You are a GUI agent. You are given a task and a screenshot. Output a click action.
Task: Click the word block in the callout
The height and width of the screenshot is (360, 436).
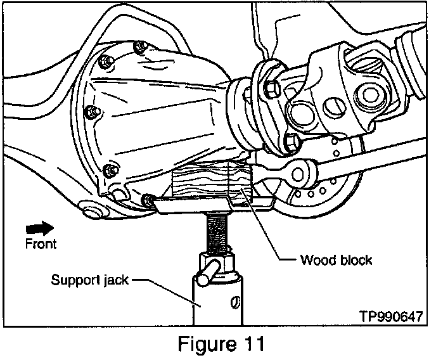[356, 260]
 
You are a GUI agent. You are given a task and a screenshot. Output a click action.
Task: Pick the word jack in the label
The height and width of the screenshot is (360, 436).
[116, 280]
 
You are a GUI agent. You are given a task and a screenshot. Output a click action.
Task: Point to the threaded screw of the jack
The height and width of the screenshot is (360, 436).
[216, 232]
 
